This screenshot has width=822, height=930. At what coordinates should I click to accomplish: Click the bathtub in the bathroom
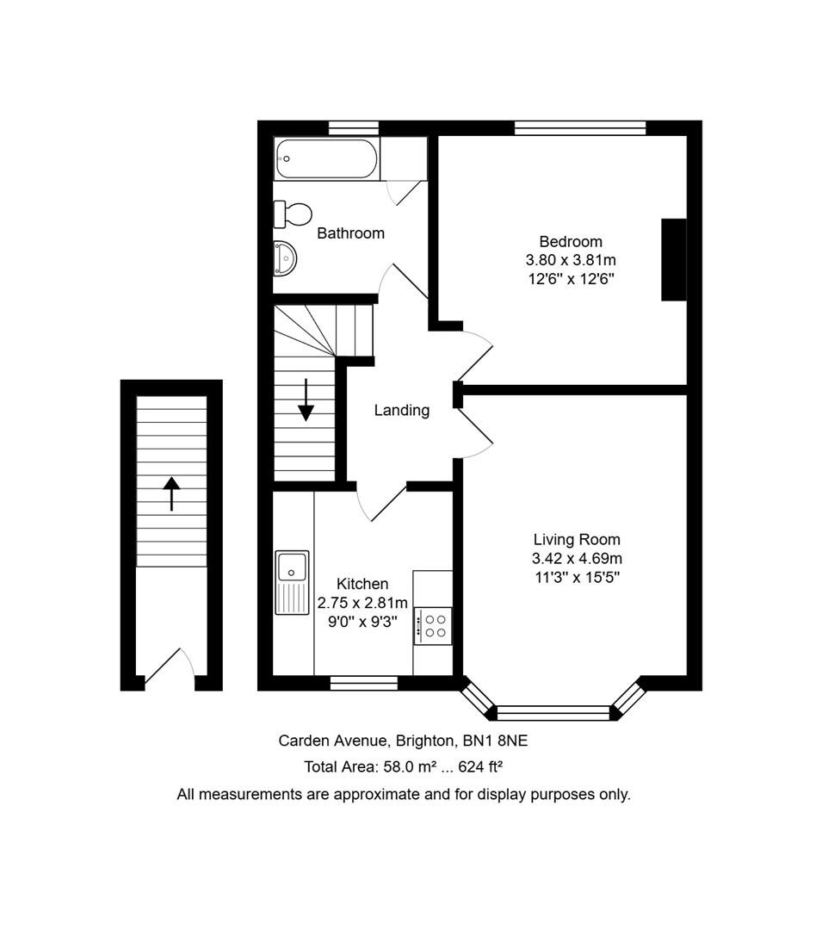326,158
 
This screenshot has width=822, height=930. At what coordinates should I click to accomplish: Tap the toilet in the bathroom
293,214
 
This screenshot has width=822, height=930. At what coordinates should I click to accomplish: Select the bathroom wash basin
285,258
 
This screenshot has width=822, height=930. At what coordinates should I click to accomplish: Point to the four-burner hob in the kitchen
433,626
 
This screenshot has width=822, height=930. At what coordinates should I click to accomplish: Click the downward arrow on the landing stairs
306,400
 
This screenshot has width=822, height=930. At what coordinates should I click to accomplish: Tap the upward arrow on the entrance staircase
171,493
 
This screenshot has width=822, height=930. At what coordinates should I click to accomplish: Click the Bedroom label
571,241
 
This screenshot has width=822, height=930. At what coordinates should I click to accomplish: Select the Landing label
402,411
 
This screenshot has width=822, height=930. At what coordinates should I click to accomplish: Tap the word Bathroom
351,233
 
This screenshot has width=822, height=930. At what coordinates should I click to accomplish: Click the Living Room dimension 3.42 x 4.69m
577,558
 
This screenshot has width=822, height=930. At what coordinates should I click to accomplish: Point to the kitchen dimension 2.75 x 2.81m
362,603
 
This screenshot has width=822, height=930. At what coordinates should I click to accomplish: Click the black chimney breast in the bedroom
674,260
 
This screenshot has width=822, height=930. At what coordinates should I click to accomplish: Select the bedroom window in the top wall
580,128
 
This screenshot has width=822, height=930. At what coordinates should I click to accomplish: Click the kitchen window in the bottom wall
364,683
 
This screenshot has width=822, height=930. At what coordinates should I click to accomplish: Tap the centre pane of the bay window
553,713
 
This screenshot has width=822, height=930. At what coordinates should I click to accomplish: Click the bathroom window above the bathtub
354,128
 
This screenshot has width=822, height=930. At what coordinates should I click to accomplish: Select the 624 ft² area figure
480,766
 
